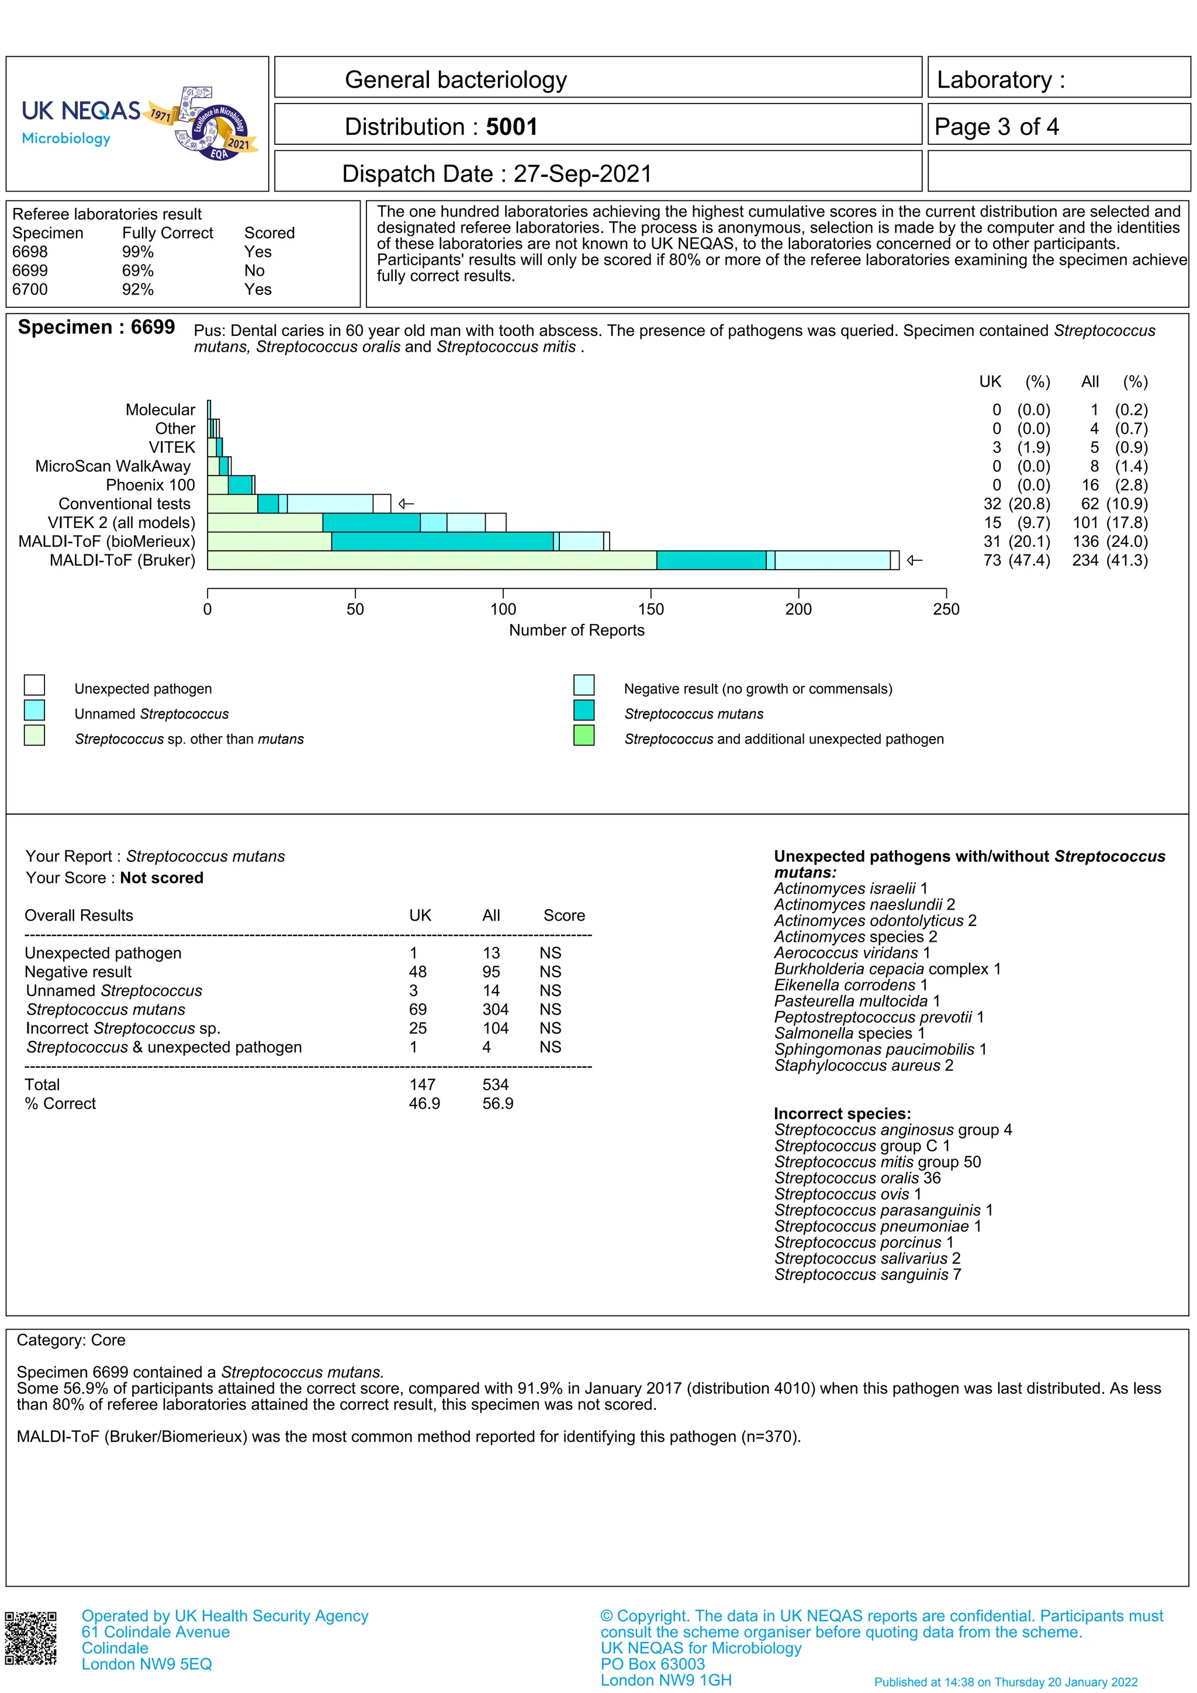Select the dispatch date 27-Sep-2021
pyautogui.click(x=583, y=174)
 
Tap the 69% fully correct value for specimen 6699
pyautogui.click(x=138, y=270)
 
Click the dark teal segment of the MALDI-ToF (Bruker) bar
pyautogui.click(x=710, y=560)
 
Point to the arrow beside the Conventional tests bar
pyautogui.click(x=406, y=504)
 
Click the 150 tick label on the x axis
pyautogui.click(x=651, y=609)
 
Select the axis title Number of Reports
pyautogui.click(x=576, y=630)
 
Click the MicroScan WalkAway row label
pyautogui.click(x=113, y=466)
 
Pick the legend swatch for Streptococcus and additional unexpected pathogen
pyautogui.click(x=583, y=736)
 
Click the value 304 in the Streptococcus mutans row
pyautogui.click(x=495, y=1009)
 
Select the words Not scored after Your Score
pyautogui.click(x=161, y=878)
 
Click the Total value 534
pyautogui.click(x=495, y=1085)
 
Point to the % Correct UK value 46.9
pyautogui.click(x=424, y=1104)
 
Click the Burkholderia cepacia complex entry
pyautogui.click(x=887, y=969)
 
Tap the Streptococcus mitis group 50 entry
pyautogui.click(x=877, y=1162)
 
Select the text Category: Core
pyautogui.click(x=71, y=1341)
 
